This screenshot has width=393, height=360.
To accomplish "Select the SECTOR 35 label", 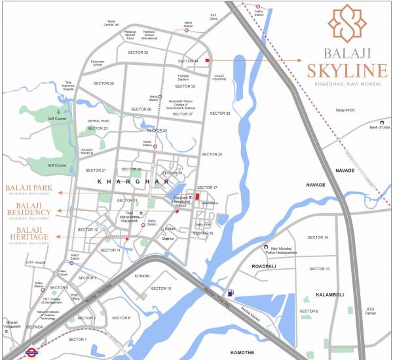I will click(x=138, y=52).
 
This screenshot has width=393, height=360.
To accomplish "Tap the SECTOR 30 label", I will click(x=103, y=83).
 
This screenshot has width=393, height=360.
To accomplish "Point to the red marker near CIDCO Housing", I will click(x=208, y=60).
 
